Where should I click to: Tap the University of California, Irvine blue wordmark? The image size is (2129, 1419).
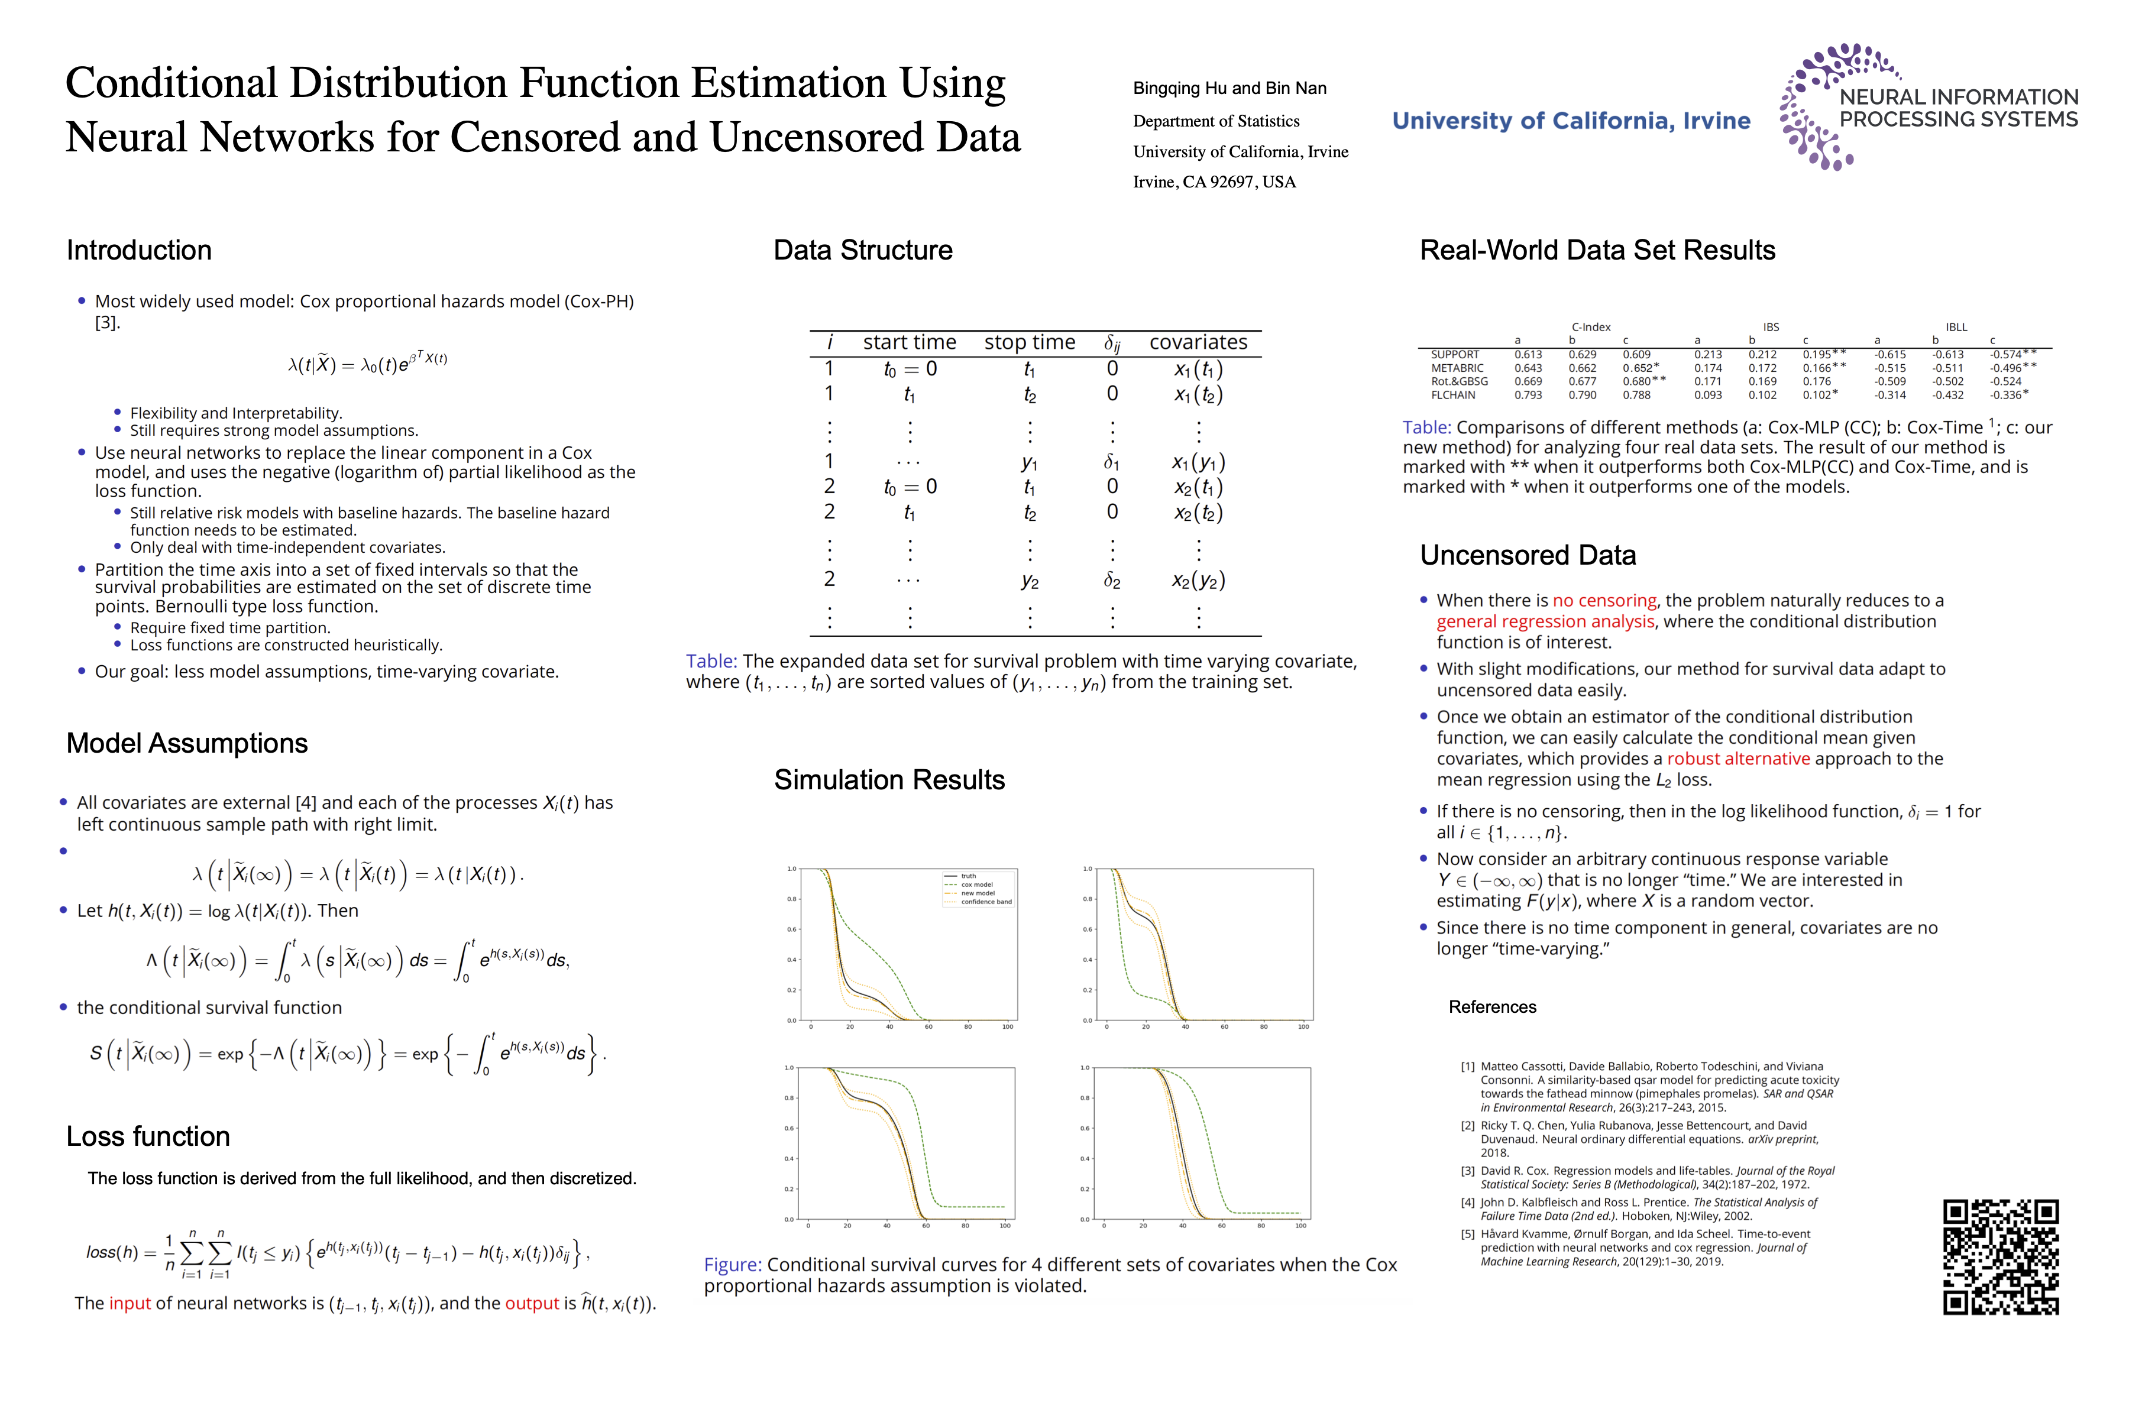tap(1571, 121)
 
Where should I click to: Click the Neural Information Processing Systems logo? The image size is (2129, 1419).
tap(1928, 107)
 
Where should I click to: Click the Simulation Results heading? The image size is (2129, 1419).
tap(889, 780)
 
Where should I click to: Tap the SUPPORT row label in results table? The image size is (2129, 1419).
tap(1455, 355)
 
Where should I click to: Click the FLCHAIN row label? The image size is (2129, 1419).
tap(1453, 396)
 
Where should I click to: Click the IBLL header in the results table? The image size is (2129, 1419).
tap(1956, 328)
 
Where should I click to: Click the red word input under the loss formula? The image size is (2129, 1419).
tap(130, 1304)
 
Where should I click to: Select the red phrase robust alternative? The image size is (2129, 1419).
tap(1738, 759)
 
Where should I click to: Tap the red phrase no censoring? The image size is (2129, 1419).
tap(1604, 601)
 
